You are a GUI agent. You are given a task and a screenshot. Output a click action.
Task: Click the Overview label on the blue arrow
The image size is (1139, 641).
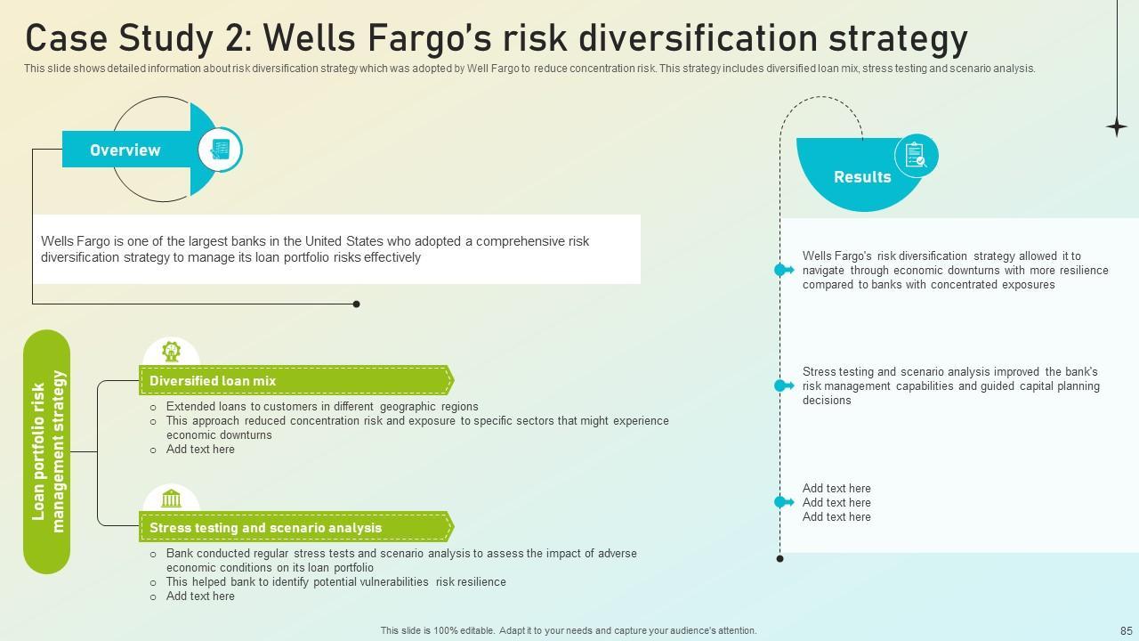click(125, 150)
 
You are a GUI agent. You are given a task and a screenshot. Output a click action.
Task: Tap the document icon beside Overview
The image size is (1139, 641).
click(220, 150)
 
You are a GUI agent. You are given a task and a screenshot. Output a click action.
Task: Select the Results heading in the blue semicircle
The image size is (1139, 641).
click(862, 177)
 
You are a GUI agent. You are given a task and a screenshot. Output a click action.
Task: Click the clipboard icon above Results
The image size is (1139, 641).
click(916, 155)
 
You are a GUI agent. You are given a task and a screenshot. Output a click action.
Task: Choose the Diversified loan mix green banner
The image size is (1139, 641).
click(296, 380)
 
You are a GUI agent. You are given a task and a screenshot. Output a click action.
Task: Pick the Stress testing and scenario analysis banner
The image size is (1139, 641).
click(296, 527)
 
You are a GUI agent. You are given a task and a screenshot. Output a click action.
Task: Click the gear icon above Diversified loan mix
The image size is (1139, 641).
click(172, 352)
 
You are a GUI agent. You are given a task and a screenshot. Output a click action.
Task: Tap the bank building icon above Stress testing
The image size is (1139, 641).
click(172, 499)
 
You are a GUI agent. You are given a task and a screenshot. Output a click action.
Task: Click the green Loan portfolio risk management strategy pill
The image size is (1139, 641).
click(47, 451)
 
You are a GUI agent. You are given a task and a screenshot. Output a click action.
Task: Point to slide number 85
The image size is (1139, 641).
click(1127, 631)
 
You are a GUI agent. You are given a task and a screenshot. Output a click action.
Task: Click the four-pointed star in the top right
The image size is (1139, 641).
click(1117, 126)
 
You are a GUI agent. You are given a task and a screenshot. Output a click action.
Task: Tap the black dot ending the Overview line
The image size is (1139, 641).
click(357, 304)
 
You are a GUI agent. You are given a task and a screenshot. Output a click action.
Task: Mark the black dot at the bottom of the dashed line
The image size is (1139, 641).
click(780, 558)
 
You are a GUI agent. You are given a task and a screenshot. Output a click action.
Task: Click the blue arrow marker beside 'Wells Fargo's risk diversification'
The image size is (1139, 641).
click(784, 270)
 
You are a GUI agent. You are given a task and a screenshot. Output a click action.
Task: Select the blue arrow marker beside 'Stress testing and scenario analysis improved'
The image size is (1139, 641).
click(784, 385)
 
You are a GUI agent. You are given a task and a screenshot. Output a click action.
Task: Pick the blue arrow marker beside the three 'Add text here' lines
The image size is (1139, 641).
click(784, 502)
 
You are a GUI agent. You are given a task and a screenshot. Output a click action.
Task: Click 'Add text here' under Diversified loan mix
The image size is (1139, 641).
click(200, 450)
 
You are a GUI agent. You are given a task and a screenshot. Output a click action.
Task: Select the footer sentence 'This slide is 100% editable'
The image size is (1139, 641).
click(437, 631)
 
